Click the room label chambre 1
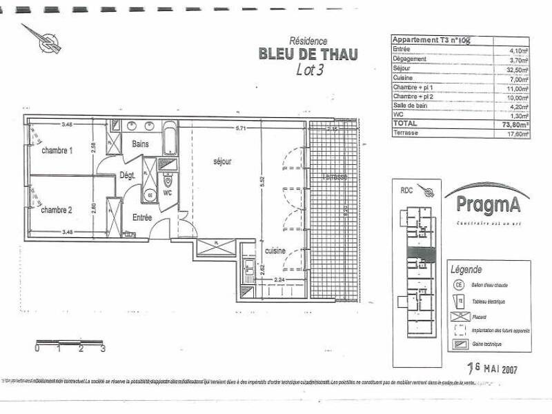pos(57,150)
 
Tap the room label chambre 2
pos(57,209)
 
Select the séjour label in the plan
pos(221,161)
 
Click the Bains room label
pos(142,144)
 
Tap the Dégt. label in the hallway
pos(127,176)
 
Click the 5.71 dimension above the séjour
pos(240,128)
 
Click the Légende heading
pos(466,269)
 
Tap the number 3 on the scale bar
pos(102,349)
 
